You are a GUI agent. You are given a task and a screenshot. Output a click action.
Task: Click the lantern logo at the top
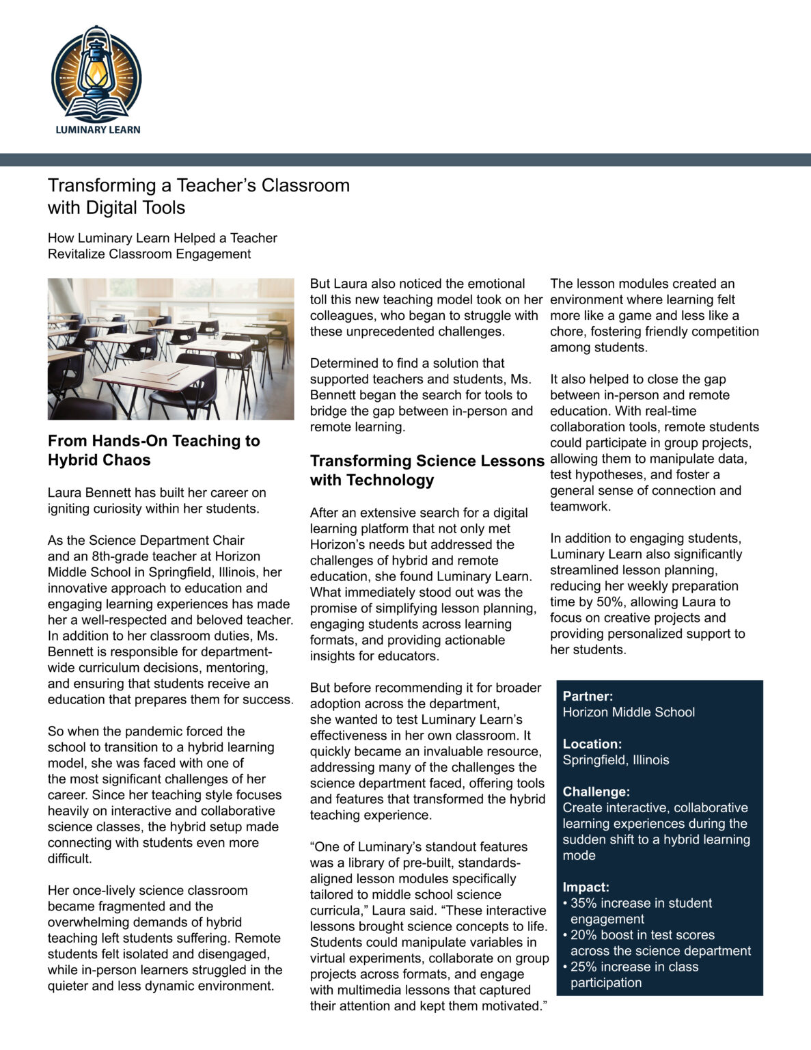[x=96, y=72]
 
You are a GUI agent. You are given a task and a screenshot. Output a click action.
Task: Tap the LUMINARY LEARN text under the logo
[x=98, y=129]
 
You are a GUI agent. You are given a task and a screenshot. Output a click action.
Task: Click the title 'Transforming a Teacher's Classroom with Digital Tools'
[x=198, y=196]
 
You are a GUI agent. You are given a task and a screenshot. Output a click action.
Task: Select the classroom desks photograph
[x=171, y=349]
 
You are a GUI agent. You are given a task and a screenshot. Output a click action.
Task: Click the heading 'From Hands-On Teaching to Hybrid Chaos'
[x=154, y=450]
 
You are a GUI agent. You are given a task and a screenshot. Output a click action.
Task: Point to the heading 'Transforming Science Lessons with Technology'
[x=427, y=470]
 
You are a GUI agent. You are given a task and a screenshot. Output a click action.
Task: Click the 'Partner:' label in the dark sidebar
[x=588, y=696]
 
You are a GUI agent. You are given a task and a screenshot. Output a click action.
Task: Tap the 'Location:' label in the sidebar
[x=592, y=744]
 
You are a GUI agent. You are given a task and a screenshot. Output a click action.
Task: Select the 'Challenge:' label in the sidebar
[x=596, y=792]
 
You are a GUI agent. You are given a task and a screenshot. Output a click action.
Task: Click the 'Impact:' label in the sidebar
[x=586, y=887]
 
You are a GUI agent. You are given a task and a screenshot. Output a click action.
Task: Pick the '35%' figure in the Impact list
[x=583, y=903]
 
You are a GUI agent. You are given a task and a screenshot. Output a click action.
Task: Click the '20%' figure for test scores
[x=583, y=935]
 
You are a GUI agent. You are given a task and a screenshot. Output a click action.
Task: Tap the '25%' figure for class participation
[x=583, y=967]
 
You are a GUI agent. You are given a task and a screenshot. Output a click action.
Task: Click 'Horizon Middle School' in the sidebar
[x=629, y=712]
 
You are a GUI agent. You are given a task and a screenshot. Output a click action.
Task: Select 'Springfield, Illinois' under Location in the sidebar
[x=616, y=760]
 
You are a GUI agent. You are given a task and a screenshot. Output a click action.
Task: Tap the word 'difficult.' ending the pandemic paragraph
[x=70, y=859]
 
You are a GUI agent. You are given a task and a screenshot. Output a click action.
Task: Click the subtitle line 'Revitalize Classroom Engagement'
[x=149, y=254]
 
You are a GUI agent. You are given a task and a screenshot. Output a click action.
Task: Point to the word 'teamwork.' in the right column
[x=580, y=507]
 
